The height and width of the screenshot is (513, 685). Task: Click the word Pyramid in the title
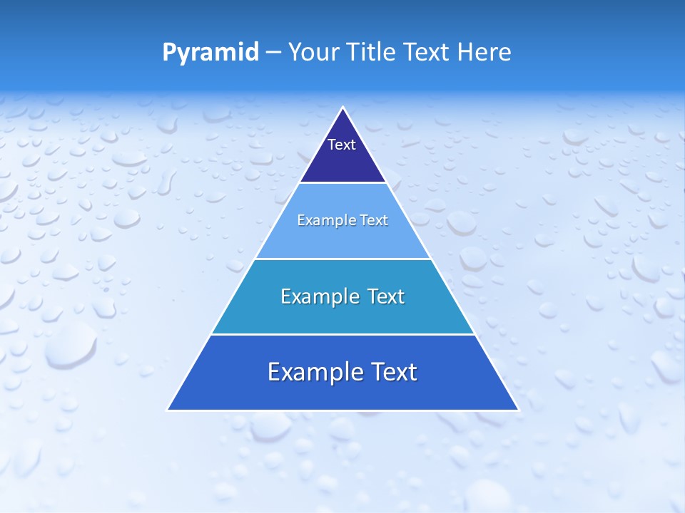[x=210, y=53]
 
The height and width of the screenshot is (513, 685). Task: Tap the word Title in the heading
[x=372, y=52]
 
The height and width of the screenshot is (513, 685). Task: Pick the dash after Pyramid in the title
[x=273, y=53]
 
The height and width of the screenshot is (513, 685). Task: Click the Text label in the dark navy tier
[x=342, y=145]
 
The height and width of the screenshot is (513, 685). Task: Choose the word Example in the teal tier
[x=315, y=296]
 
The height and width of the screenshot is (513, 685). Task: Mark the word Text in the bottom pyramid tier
[x=392, y=372]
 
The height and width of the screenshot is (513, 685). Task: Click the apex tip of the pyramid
[x=343, y=108]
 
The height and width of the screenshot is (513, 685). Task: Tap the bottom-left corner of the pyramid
[x=168, y=410]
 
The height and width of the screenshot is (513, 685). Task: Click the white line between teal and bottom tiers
[x=343, y=334]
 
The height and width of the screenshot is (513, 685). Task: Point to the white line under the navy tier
[x=343, y=182]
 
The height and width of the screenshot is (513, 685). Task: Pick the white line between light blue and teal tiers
[x=343, y=259]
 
